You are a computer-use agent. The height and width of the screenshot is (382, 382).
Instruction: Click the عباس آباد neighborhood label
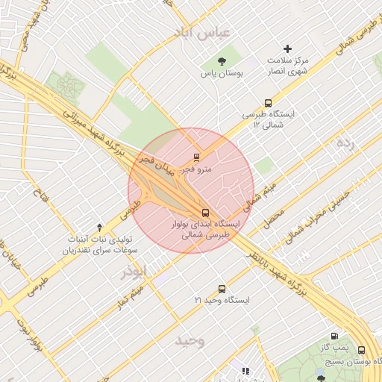tap(204, 32)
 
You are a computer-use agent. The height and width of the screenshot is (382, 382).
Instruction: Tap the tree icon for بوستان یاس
tap(221, 61)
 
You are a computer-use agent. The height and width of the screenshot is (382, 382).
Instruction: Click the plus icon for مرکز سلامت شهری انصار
tap(287, 48)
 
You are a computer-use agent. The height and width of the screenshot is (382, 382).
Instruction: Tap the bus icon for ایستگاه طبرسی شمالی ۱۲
tap(268, 104)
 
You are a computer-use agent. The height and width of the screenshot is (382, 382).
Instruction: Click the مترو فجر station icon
tap(197, 157)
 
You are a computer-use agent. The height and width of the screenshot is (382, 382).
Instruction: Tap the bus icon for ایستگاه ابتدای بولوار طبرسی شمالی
tap(206, 212)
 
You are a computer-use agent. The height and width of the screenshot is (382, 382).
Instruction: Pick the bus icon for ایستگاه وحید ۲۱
tap(222, 289)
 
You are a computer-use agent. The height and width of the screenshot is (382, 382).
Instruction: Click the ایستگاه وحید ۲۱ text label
tap(221, 300)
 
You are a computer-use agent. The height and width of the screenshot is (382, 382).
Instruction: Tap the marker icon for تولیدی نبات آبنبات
tap(100, 226)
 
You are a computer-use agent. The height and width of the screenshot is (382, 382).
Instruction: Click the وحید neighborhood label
tap(190, 341)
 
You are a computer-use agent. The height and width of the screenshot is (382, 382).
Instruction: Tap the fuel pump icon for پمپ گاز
tap(334, 336)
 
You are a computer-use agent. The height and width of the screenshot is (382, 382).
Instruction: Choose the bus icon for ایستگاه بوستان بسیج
tap(362, 350)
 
